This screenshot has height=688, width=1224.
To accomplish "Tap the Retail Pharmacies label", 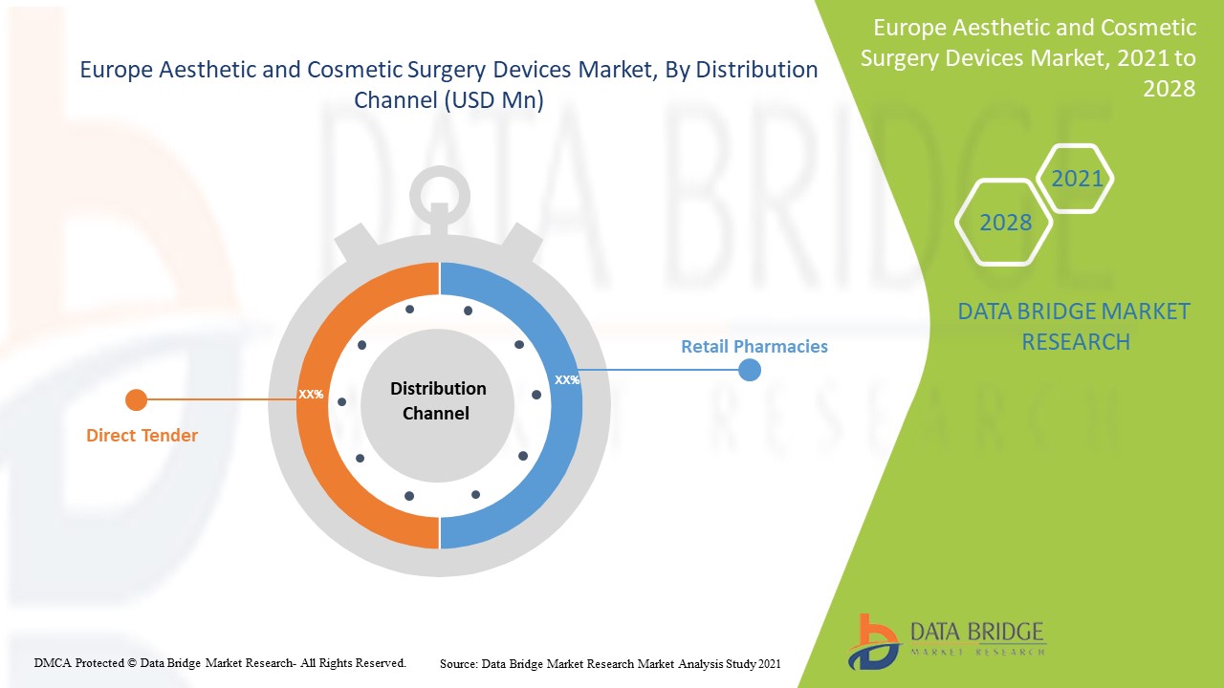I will tap(754, 347).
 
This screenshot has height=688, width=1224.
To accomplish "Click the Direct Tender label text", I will tap(142, 436).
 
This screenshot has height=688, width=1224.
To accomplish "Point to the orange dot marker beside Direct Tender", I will tap(136, 399).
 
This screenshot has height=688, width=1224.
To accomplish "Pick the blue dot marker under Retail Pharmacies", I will tap(750, 370).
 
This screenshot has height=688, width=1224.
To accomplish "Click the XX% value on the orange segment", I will tap(311, 394).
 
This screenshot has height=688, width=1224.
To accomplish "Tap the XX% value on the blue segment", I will tap(566, 379).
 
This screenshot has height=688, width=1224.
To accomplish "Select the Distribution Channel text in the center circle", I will tap(438, 401).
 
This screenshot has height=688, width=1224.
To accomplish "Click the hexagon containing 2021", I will tap(1077, 179).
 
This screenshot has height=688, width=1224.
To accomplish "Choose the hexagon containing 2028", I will tap(1005, 223).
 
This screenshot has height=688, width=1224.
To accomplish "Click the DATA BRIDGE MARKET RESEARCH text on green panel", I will tap(1074, 326).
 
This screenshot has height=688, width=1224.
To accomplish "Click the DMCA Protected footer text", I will tap(220, 662).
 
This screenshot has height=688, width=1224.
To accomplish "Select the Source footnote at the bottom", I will tap(610, 662).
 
